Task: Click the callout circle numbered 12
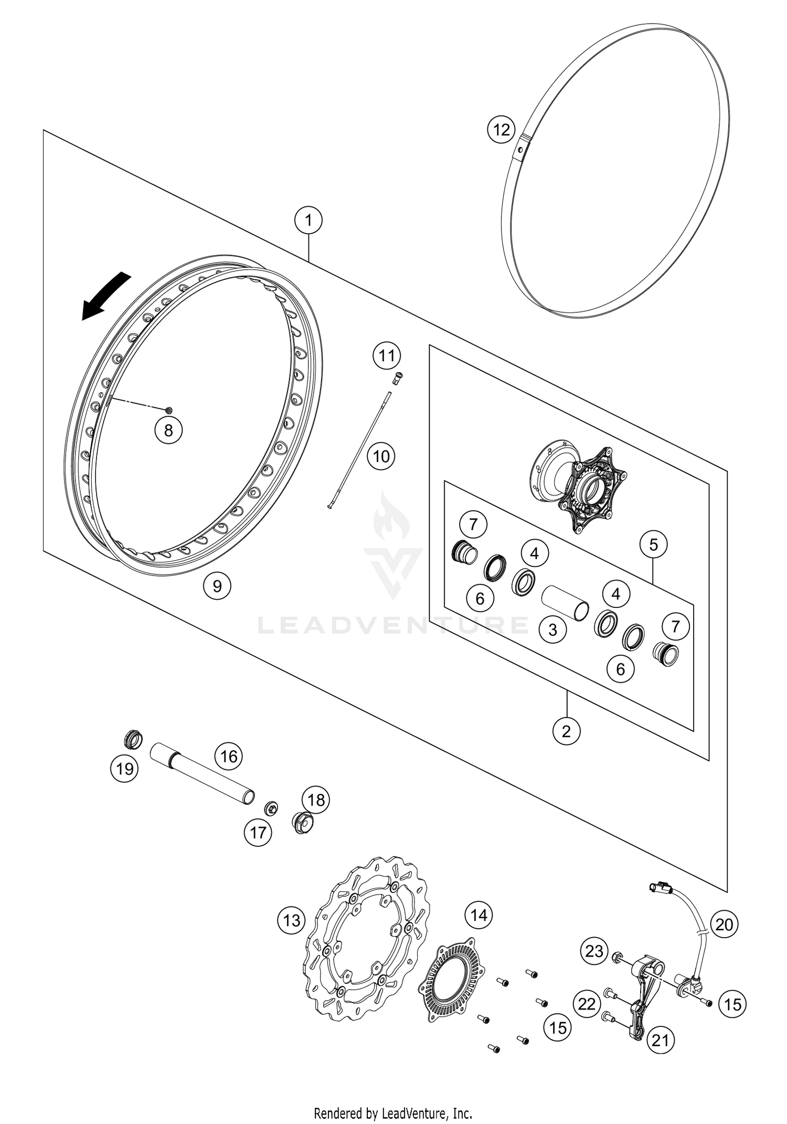(x=501, y=129)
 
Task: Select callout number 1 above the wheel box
(x=309, y=220)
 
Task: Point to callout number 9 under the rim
(x=217, y=585)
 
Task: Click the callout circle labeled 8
(x=168, y=430)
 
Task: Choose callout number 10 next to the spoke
(x=381, y=456)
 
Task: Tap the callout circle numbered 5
(x=653, y=544)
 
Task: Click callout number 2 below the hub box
(x=566, y=731)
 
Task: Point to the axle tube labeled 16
(x=202, y=775)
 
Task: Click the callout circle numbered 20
(x=724, y=924)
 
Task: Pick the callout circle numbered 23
(x=594, y=951)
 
